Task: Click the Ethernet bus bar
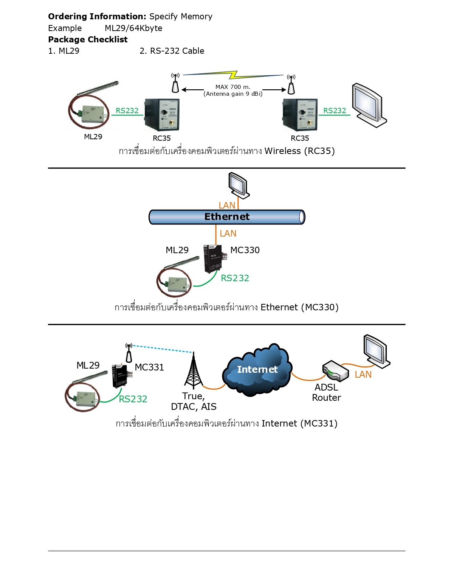click(x=227, y=217)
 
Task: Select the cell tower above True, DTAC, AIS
click(x=193, y=371)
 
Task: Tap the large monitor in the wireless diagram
click(x=369, y=105)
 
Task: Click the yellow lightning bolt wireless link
click(x=233, y=75)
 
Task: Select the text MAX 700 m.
click(x=233, y=87)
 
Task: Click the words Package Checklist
click(x=88, y=40)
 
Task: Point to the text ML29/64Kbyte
click(x=133, y=28)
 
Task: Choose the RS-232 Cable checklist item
click(x=172, y=51)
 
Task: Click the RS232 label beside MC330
click(x=235, y=278)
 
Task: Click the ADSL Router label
click(x=326, y=392)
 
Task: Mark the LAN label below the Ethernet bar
click(x=228, y=233)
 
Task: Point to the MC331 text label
click(x=149, y=367)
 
